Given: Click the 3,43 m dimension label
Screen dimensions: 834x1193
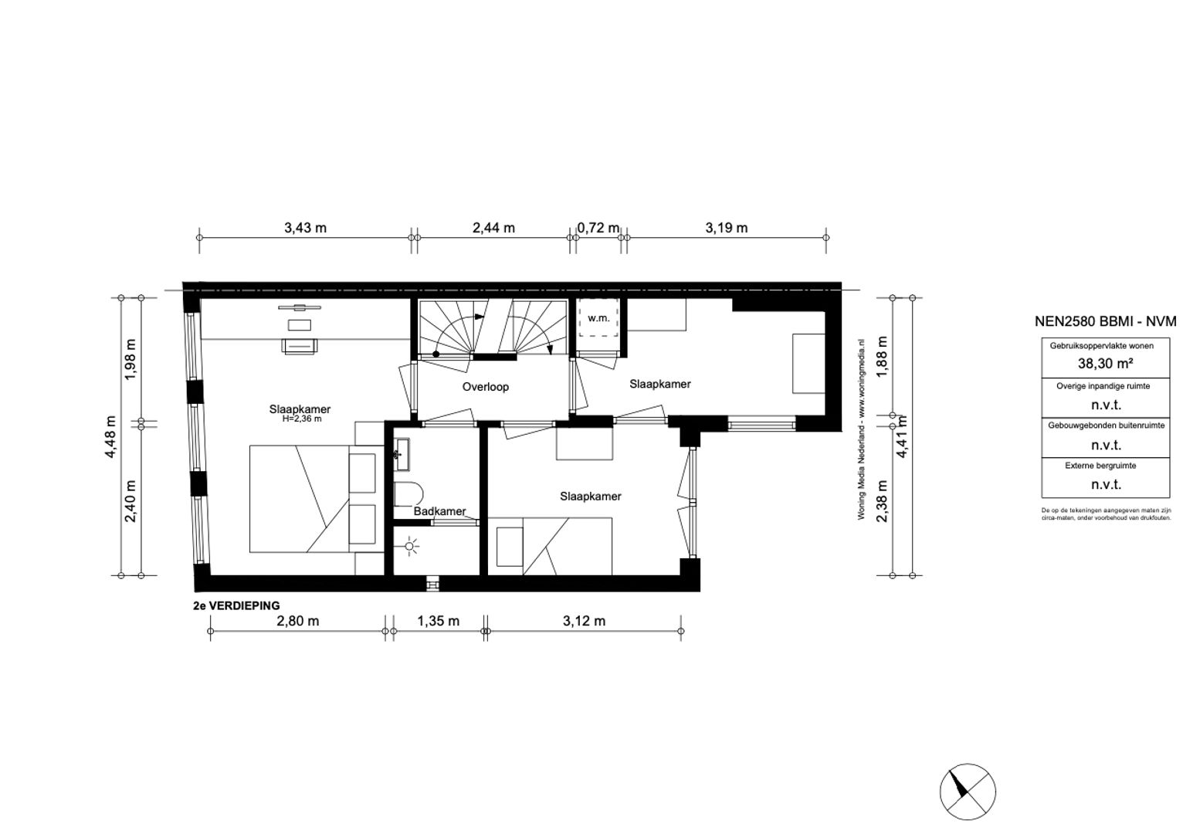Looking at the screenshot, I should click(x=305, y=228).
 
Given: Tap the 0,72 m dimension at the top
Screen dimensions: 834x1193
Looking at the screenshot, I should click(x=598, y=228).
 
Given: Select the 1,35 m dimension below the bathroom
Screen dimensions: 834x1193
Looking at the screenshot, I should click(x=438, y=621).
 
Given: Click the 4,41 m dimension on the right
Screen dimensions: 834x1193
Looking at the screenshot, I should click(x=901, y=438).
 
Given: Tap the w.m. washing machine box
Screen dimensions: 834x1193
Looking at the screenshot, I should click(x=598, y=318).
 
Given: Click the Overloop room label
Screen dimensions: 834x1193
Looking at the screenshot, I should click(x=486, y=387).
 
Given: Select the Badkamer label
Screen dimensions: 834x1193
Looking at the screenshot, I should click(x=439, y=511).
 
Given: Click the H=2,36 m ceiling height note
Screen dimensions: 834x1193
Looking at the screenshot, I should click(x=301, y=419).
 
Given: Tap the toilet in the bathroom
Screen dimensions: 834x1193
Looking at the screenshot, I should click(x=408, y=494).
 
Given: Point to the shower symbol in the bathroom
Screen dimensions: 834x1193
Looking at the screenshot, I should click(x=410, y=548).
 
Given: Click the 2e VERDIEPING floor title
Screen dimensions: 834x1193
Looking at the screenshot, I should click(x=237, y=606).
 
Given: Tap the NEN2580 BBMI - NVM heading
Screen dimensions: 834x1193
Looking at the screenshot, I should click(x=1105, y=322).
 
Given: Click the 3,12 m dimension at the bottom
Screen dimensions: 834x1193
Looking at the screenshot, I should click(x=584, y=621).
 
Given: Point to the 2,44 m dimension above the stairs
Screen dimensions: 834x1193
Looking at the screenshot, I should click(x=493, y=228).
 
